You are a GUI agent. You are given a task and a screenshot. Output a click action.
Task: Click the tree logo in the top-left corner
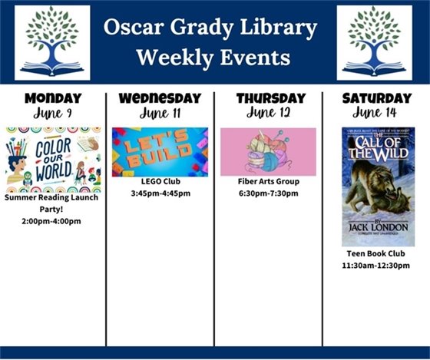tap(52, 42)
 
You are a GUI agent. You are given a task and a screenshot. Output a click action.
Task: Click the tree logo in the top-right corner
tap(374, 42)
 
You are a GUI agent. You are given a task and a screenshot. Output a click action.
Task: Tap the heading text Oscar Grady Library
tap(211, 28)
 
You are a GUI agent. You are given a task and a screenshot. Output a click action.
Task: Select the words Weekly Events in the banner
tap(212, 58)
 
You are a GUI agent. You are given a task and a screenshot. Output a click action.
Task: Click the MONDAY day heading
tap(53, 98)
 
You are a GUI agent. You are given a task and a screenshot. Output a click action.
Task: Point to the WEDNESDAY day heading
tap(160, 98)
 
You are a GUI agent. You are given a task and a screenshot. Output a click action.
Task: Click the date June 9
tap(53, 114)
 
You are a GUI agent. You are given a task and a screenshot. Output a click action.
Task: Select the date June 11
tap(160, 114)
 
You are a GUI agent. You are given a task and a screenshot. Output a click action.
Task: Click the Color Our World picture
tap(53, 160)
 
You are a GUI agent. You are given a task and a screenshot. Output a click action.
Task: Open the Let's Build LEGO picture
tap(160, 152)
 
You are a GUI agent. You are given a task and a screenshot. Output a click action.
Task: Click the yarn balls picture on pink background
tap(268, 152)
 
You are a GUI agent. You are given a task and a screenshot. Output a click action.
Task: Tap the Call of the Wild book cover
tap(378, 187)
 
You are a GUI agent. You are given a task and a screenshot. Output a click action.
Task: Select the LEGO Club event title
tap(160, 181)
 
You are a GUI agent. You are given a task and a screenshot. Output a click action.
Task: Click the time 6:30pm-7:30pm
tap(268, 193)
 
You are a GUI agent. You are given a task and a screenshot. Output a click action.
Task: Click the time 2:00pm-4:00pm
tap(53, 221)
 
